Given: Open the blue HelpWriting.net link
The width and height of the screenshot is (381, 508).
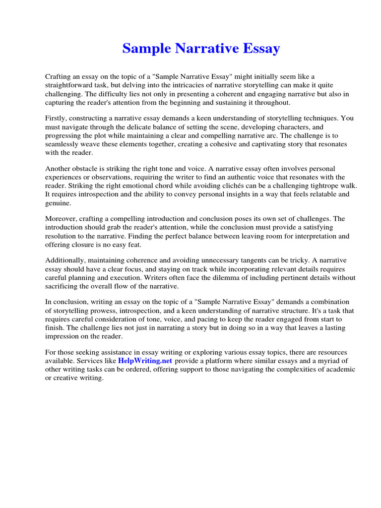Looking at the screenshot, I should (145, 361).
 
